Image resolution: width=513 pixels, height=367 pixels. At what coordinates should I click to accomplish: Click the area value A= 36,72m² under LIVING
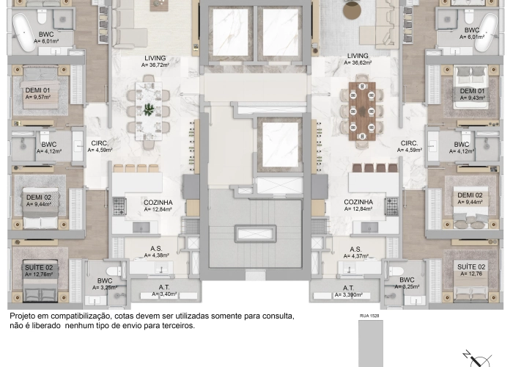pos(155,65)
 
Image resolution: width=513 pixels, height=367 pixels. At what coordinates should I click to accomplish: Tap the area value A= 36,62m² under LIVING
pos(358,63)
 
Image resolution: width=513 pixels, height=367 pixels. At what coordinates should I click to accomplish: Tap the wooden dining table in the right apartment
pos(362,109)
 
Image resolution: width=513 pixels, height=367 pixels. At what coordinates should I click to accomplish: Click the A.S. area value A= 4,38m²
pos(156,255)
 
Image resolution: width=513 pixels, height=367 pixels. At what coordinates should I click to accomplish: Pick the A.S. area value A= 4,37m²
pos(355,256)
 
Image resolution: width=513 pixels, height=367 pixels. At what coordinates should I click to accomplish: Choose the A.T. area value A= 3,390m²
pos(348,295)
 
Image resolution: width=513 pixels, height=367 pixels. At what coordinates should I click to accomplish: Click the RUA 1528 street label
pos(369,315)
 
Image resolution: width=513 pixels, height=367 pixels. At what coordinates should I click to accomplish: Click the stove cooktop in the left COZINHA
pos(120,207)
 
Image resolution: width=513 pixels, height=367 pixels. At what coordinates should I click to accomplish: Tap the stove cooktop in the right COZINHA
pos(393,207)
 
